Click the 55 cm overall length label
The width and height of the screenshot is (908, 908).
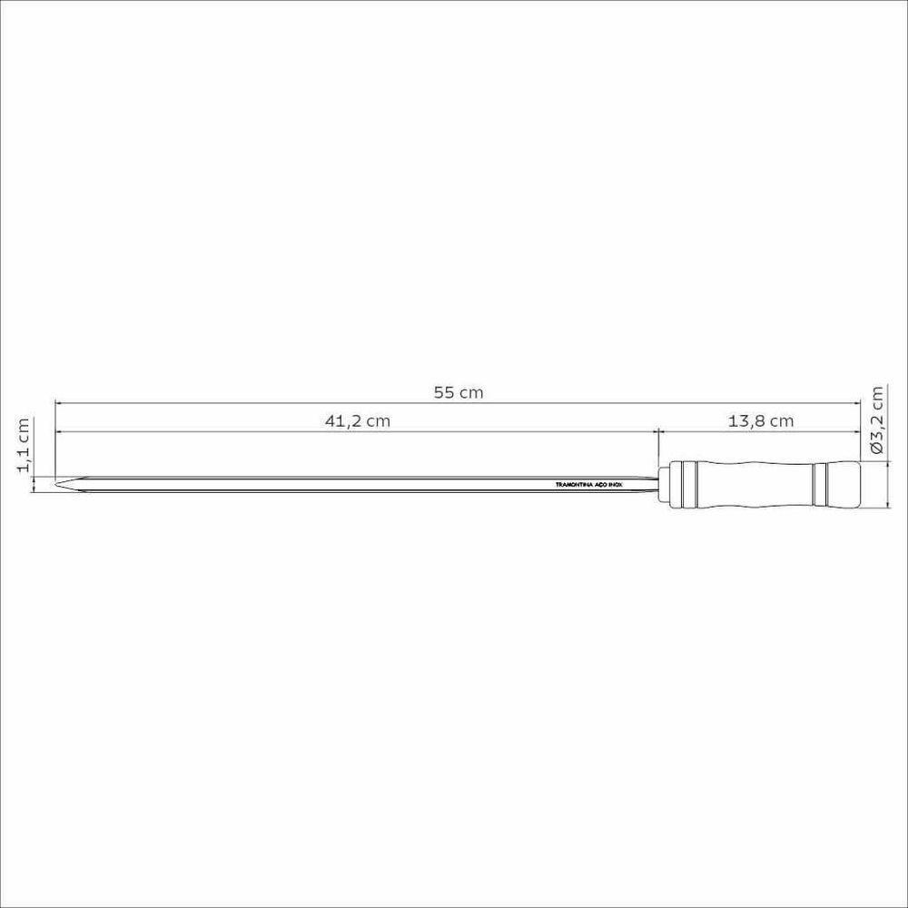pos(459,393)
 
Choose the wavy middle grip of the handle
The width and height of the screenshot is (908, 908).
pos(754,486)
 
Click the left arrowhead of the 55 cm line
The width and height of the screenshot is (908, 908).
pos(59,405)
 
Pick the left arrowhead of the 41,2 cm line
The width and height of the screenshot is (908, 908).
pos(59,432)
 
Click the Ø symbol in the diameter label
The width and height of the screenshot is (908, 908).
pos(876,446)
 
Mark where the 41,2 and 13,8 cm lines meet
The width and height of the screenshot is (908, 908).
pos(657,432)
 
